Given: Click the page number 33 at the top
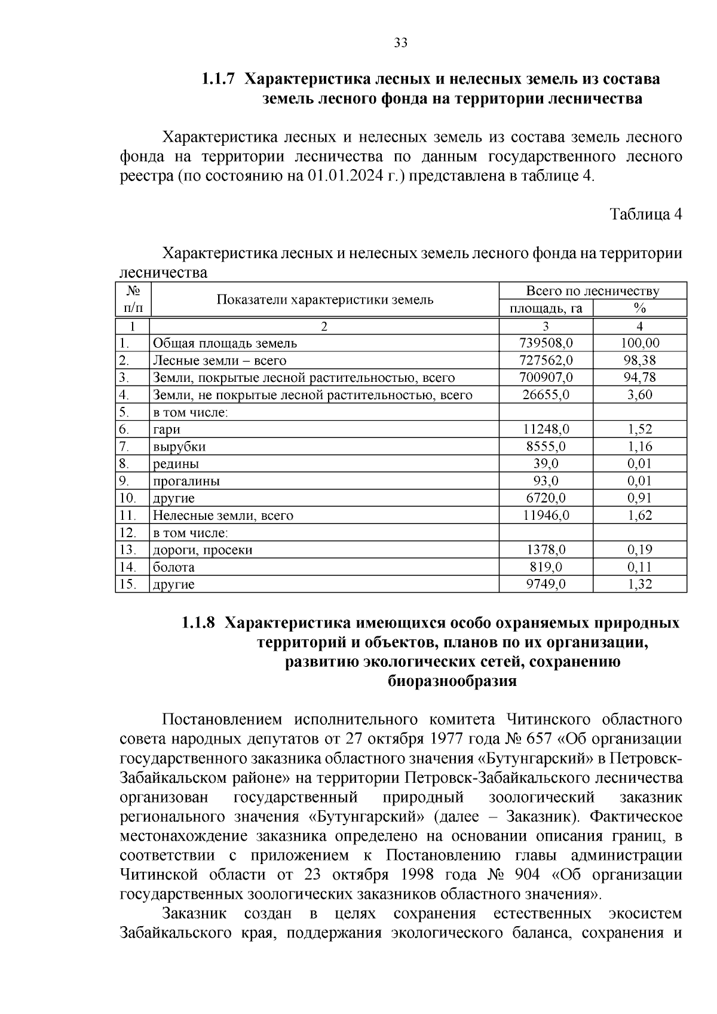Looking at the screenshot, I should pos(400,42).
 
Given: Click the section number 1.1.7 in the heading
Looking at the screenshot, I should pos(219,79).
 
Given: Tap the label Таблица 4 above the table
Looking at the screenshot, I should pos(645,214).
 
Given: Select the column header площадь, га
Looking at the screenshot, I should pos(546,308).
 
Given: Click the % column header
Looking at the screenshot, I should pos(640,308).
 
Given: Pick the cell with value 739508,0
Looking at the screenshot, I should pos(546,343).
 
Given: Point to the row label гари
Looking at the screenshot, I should pos(167,429).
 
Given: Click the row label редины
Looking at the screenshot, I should pos(176,464).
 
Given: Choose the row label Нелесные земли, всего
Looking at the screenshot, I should pos(223,515).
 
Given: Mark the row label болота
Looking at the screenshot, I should pos(173,567).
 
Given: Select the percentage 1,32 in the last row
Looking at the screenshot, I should pos(640,584).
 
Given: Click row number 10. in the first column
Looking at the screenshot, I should pos(128,498).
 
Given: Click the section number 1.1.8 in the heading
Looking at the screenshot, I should pos(198,623).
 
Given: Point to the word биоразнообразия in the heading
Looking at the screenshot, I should pos(452,681).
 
